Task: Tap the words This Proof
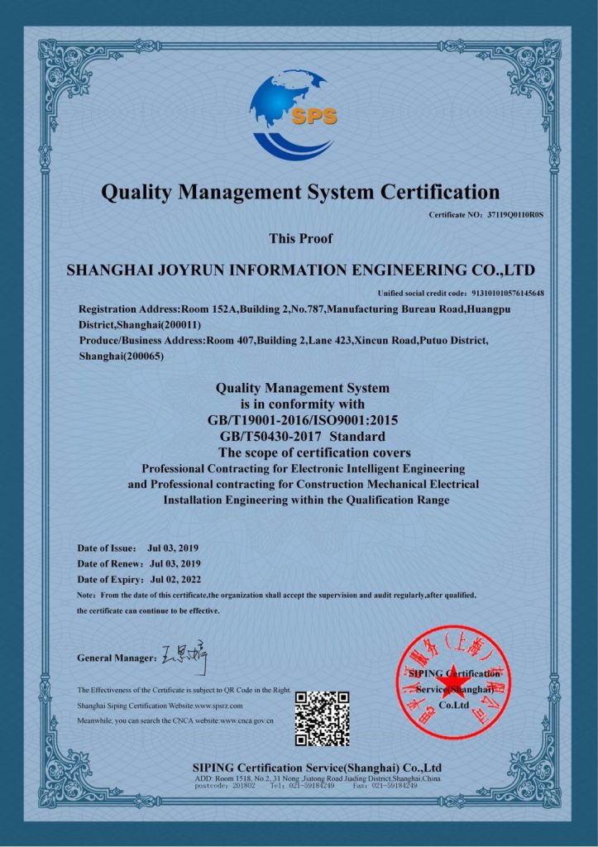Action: pos(301,239)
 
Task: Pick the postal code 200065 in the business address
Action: pos(146,357)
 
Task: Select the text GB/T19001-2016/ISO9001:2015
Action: pos(302,420)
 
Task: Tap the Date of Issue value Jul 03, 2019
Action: pos(173,548)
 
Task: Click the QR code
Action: pos(323,718)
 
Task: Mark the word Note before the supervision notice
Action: pos(85,596)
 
